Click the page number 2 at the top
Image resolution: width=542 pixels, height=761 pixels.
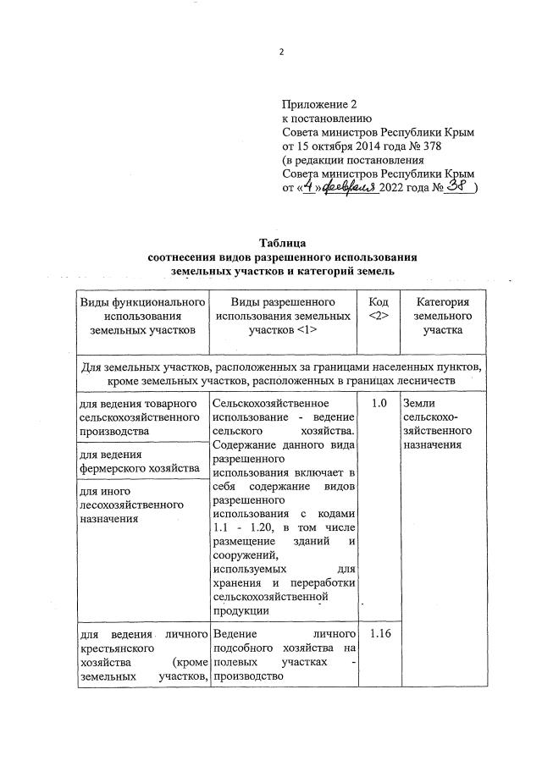point(282,52)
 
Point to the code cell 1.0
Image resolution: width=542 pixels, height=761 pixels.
point(378,404)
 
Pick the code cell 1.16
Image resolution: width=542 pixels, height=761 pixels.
point(378,633)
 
